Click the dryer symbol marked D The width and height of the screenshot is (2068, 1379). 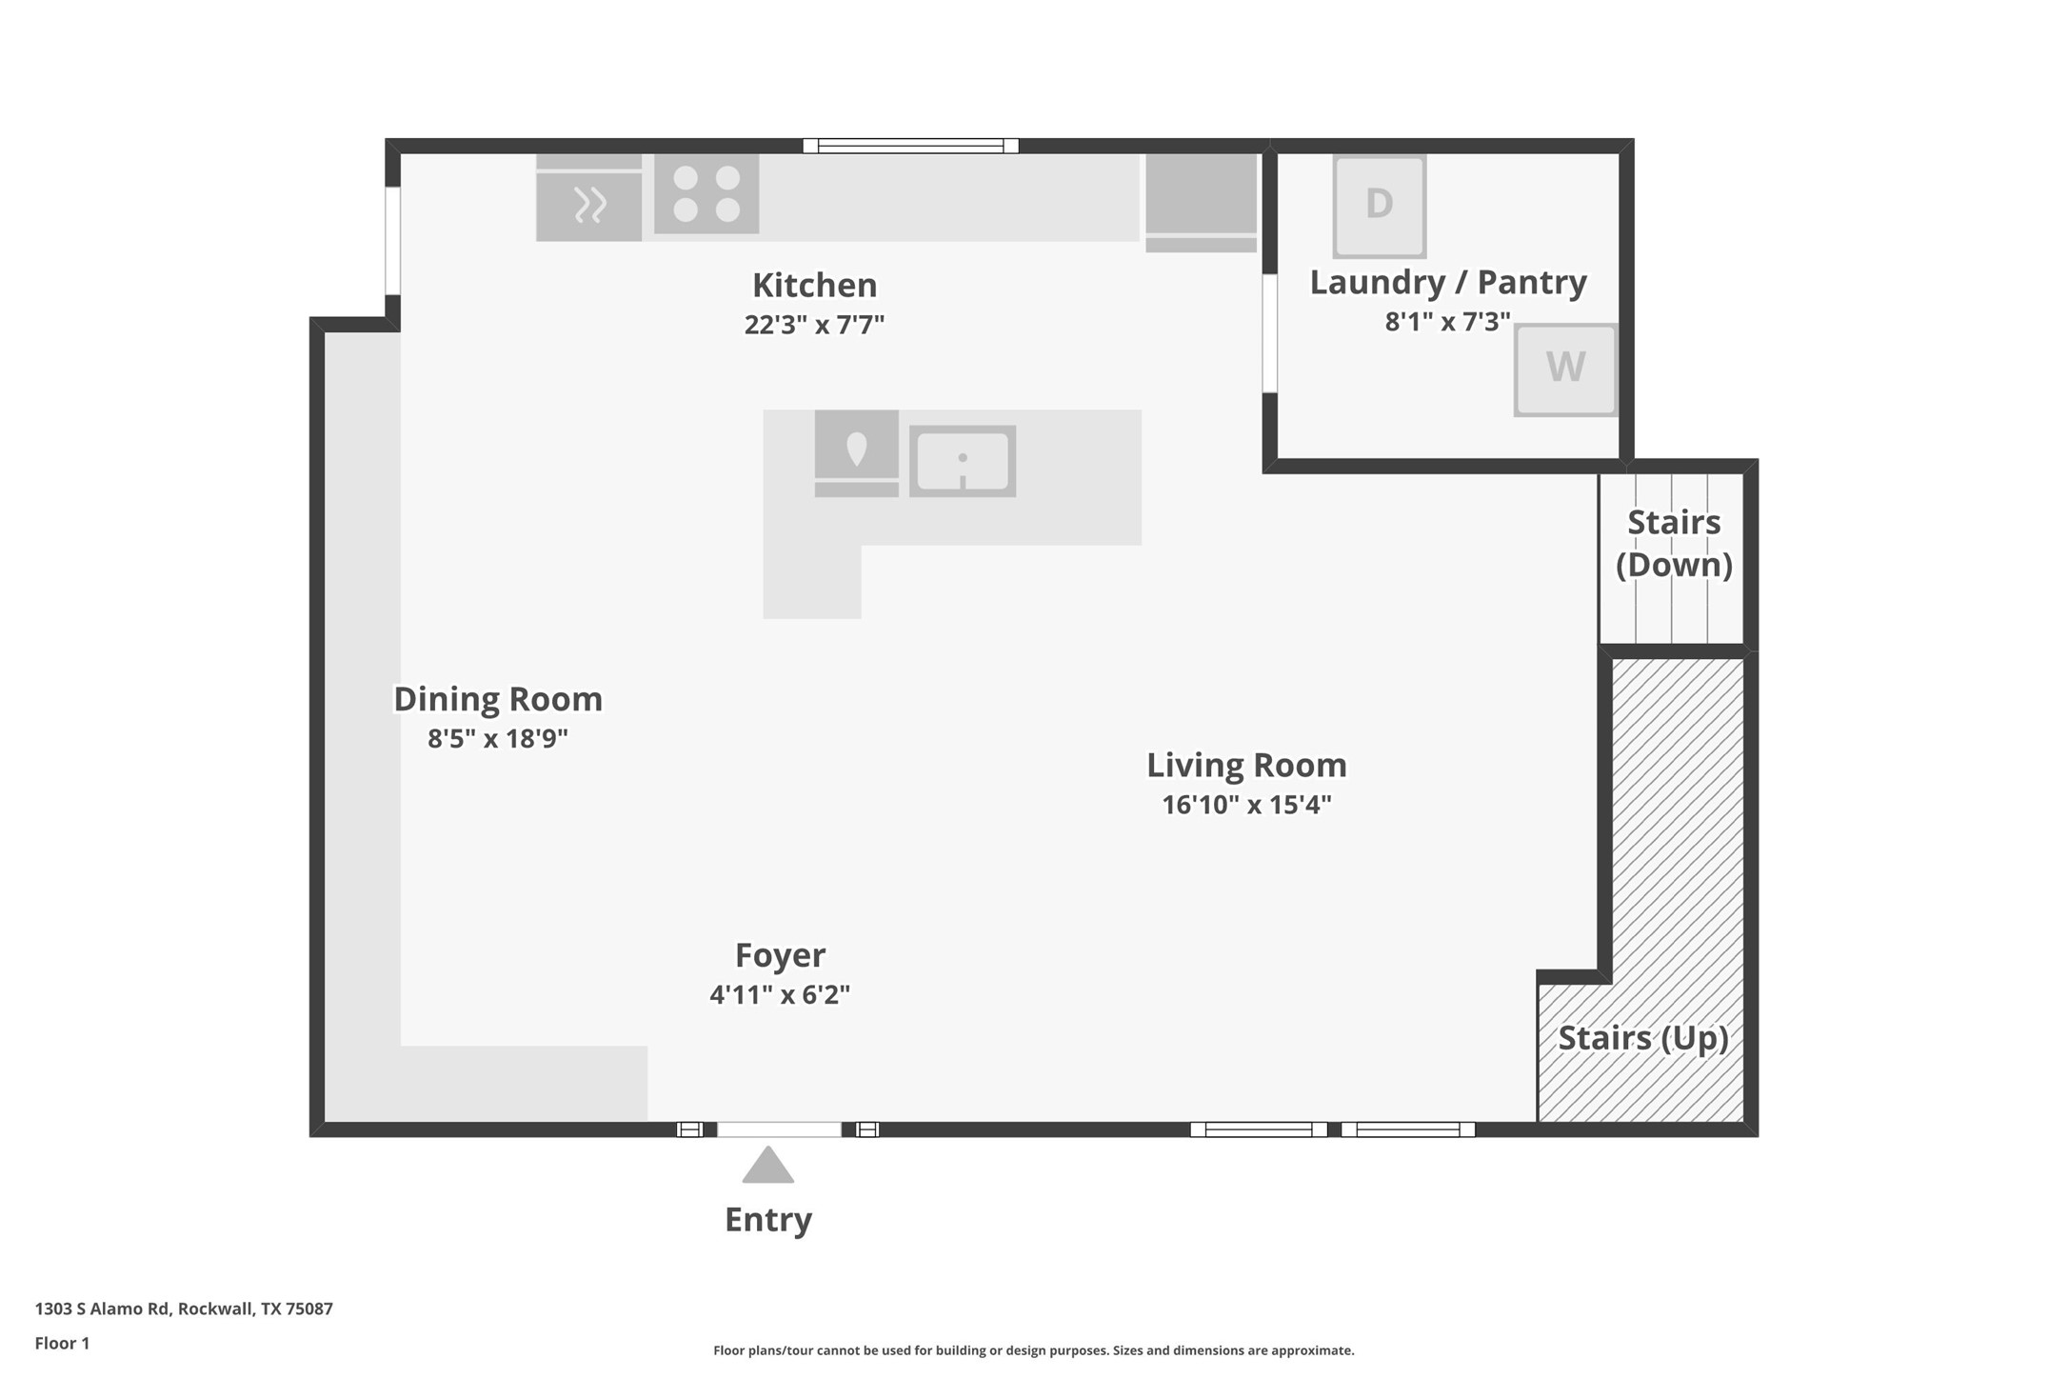click(1379, 206)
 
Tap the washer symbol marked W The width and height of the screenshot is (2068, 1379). click(1565, 370)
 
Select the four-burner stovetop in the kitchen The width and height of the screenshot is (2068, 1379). click(706, 194)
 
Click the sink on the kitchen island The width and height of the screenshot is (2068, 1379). click(963, 461)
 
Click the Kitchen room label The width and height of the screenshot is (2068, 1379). click(814, 285)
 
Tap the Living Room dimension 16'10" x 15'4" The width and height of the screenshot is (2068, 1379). click(1246, 805)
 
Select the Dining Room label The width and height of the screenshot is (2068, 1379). click(498, 699)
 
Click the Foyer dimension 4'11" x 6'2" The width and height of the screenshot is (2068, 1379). click(780, 994)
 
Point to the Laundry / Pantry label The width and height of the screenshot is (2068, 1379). click(1448, 282)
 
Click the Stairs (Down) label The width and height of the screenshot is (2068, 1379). click(1674, 543)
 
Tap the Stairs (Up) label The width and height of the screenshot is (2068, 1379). click(1643, 1037)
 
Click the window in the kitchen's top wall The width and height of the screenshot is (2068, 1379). click(910, 146)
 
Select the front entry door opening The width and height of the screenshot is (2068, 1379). click(779, 1129)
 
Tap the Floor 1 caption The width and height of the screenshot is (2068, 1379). click(62, 1344)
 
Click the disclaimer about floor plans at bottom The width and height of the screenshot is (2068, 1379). click(1033, 1350)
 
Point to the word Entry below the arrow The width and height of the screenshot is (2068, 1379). click(768, 1220)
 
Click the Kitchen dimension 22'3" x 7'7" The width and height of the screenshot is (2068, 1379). click(814, 325)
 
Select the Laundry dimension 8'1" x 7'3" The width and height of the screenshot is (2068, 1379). click(1447, 322)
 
